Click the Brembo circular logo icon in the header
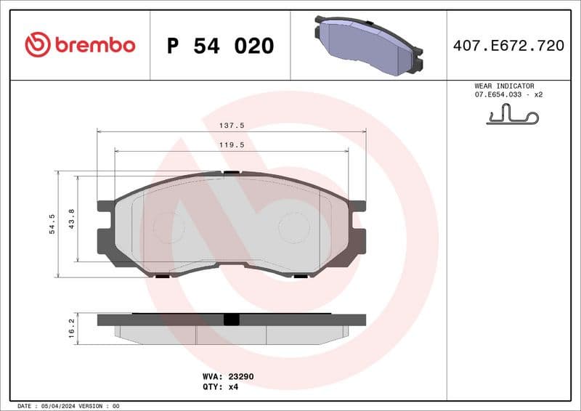(37, 45)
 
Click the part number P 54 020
(220, 46)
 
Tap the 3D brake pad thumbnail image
(367, 45)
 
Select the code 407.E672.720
(508, 46)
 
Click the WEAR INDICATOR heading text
(504, 86)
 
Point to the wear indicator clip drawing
(513, 115)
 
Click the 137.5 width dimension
(232, 125)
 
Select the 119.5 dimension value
(232, 145)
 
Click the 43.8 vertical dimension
(71, 218)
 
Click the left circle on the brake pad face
(169, 227)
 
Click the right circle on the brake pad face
(294, 227)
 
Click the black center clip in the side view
(232, 320)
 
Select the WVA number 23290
(241, 377)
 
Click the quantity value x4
(233, 387)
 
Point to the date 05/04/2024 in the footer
(55, 406)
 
